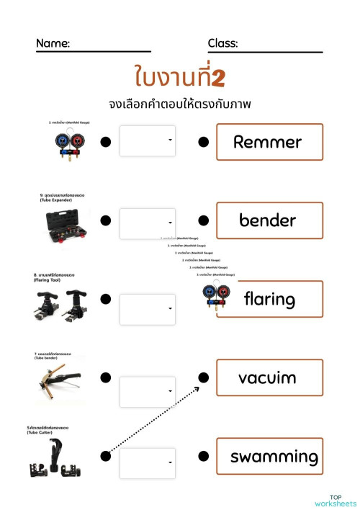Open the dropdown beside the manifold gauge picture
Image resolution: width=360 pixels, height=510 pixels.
pyautogui.click(x=148, y=141)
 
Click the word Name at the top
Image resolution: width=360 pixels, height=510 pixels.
pyautogui.click(x=53, y=44)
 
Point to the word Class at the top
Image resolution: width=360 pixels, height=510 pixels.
pyautogui.click(x=222, y=44)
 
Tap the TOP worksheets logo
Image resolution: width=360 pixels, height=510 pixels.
pyautogui.click(x=336, y=499)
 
